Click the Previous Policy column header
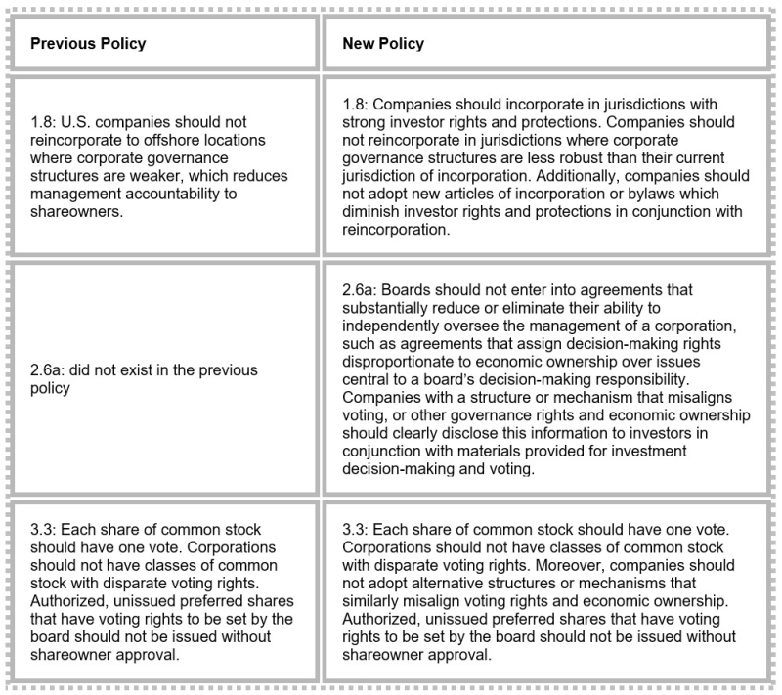[88, 44]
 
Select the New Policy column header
[382, 44]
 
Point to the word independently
[392, 325]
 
